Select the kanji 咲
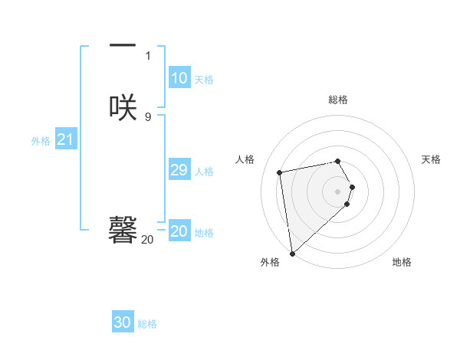(x=123, y=106)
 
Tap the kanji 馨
(x=123, y=228)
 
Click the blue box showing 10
(x=179, y=78)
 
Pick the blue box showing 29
(x=179, y=170)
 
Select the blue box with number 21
(x=65, y=139)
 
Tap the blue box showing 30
(x=123, y=322)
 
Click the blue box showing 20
(x=179, y=231)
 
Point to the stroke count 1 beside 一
(x=148, y=56)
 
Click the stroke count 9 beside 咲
(x=148, y=116)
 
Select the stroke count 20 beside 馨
(x=147, y=240)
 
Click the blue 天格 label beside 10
(x=204, y=80)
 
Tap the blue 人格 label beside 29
(x=205, y=172)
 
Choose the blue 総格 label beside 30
(x=148, y=324)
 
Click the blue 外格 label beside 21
(x=41, y=141)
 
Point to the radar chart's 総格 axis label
(x=338, y=100)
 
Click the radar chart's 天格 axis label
(x=432, y=159)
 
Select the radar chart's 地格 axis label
(x=402, y=262)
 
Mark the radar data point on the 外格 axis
(x=292, y=253)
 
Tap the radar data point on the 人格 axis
(x=280, y=172)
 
